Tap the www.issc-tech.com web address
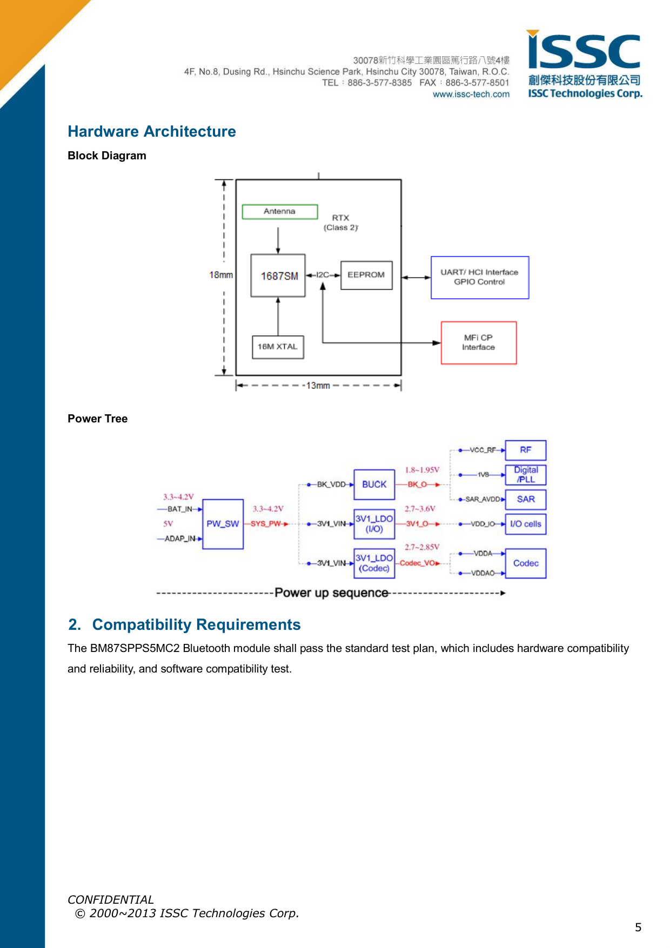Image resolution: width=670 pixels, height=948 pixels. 471,94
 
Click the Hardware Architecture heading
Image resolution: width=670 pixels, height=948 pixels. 152,131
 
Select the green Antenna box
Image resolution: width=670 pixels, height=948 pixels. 279,211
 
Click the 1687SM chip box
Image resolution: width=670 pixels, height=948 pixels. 278,275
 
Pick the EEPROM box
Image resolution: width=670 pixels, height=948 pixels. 366,275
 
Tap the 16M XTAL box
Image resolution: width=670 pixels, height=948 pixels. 278,347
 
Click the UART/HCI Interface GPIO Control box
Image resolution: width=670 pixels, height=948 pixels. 479,277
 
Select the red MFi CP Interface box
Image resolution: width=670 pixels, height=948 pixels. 478,342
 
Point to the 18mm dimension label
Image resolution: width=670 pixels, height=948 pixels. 221,275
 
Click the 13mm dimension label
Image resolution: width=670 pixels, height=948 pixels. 318,386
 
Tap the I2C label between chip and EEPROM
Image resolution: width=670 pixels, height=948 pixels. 323,275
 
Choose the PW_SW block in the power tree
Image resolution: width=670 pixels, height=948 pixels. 223,523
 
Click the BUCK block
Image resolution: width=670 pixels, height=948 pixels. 374,485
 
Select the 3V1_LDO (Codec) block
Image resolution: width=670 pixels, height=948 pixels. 374,563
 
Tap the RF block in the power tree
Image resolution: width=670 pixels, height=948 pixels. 525,450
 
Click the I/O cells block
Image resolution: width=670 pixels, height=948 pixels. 525,524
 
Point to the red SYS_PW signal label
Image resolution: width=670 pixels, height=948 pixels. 266,524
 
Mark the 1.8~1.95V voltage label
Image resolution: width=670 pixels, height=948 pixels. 422,470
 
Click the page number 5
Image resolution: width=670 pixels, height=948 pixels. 638,927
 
